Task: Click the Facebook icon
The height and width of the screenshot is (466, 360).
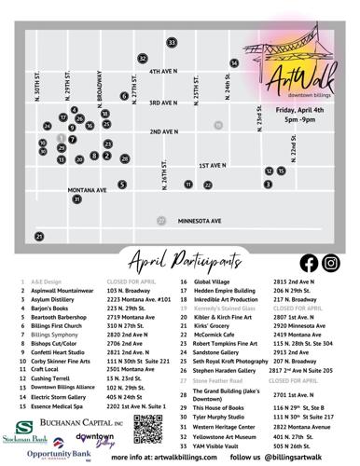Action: tap(308, 262)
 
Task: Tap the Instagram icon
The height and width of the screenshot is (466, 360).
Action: tap(330, 262)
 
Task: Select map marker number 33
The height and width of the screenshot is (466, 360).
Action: tap(172, 43)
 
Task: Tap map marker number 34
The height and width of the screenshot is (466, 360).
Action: tap(233, 63)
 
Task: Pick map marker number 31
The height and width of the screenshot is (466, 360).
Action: tap(76, 199)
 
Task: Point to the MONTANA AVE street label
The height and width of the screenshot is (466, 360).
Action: tap(88, 188)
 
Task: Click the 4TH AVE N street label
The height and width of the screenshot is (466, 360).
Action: tap(162, 71)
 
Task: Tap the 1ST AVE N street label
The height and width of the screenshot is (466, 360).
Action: tap(215, 165)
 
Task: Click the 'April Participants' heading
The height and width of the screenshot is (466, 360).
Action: tap(180, 259)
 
